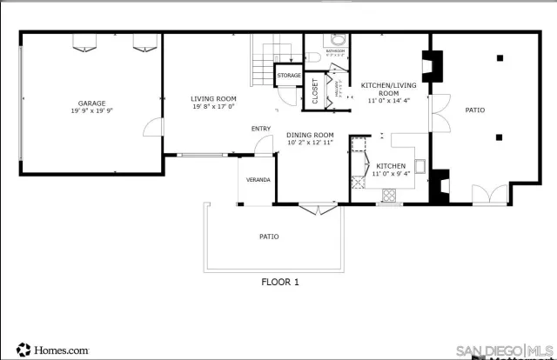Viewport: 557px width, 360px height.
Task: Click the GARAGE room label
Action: tap(92, 103)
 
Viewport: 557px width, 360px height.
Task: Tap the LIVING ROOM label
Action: tap(213, 98)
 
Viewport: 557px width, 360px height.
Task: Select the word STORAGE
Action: tap(289, 76)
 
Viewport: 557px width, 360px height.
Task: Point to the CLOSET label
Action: tap(315, 91)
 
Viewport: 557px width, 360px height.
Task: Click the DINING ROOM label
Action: tap(311, 135)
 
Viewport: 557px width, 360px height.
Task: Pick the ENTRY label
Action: tap(261, 129)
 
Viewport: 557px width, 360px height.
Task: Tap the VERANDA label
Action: tap(258, 180)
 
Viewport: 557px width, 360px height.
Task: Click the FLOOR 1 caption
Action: tap(280, 282)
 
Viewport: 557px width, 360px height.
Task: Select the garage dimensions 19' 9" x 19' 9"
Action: tap(92, 111)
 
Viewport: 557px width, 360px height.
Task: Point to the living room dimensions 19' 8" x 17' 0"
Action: tap(213, 107)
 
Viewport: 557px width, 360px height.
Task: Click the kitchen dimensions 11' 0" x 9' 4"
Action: tap(391, 174)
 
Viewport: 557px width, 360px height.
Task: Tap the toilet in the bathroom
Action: tap(337, 39)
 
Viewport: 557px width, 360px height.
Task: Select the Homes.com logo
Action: tap(52, 350)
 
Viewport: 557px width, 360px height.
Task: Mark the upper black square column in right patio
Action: tap(500, 58)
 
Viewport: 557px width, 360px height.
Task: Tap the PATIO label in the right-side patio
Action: tap(474, 110)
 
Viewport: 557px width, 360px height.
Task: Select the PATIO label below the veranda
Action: tap(269, 236)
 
